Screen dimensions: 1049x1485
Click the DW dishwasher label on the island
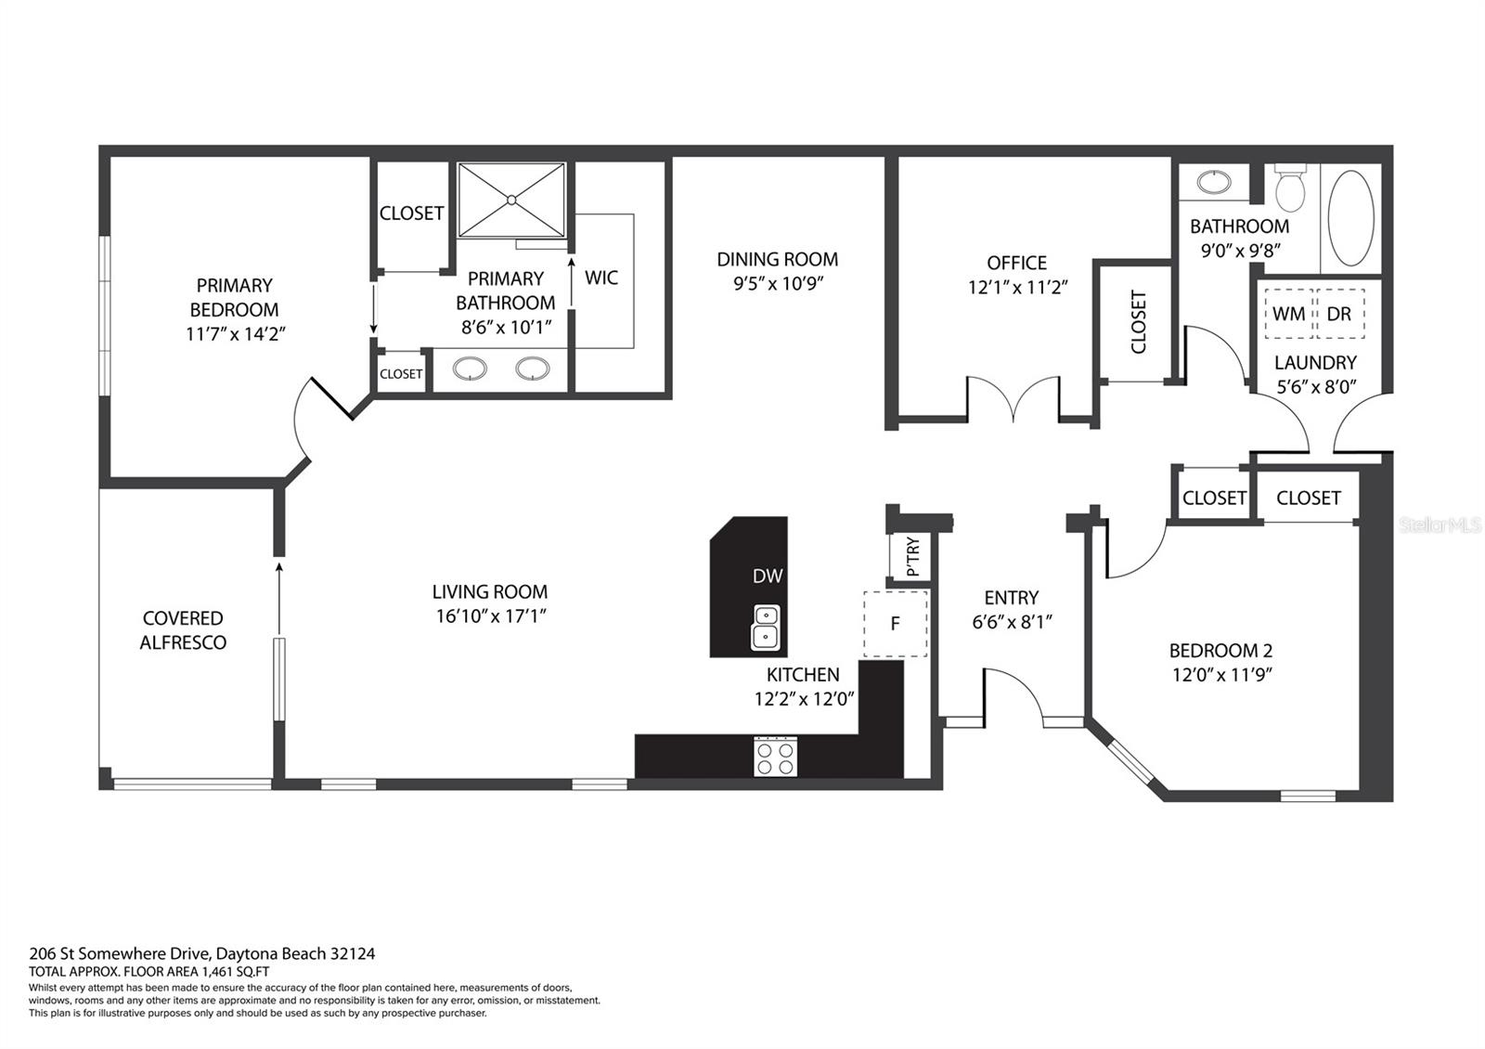pyautogui.click(x=768, y=576)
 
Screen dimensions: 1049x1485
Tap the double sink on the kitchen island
pyautogui.click(x=766, y=626)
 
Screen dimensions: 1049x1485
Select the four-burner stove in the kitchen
pyautogui.click(x=775, y=756)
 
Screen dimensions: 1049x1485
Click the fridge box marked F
pyautogui.click(x=895, y=623)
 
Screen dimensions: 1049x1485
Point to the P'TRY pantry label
pyautogui.click(x=912, y=557)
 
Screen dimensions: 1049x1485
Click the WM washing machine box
pyautogui.click(x=1288, y=314)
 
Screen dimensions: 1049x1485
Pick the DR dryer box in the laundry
pyautogui.click(x=1339, y=314)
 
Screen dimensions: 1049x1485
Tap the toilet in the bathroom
pyautogui.click(x=1289, y=189)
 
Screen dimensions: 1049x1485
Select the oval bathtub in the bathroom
pyautogui.click(x=1350, y=217)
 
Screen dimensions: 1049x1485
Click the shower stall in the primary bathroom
pyautogui.click(x=511, y=200)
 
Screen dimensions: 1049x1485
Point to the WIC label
pyautogui.click(x=601, y=278)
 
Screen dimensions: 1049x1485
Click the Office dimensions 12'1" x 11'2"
pyautogui.click(x=1017, y=288)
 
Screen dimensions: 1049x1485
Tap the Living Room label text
pyautogui.click(x=490, y=591)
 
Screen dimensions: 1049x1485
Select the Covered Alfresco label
pyautogui.click(x=183, y=630)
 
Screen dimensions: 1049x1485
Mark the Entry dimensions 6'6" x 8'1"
pyautogui.click(x=1012, y=622)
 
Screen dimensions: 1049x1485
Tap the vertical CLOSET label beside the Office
pyautogui.click(x=1139, y=322)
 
